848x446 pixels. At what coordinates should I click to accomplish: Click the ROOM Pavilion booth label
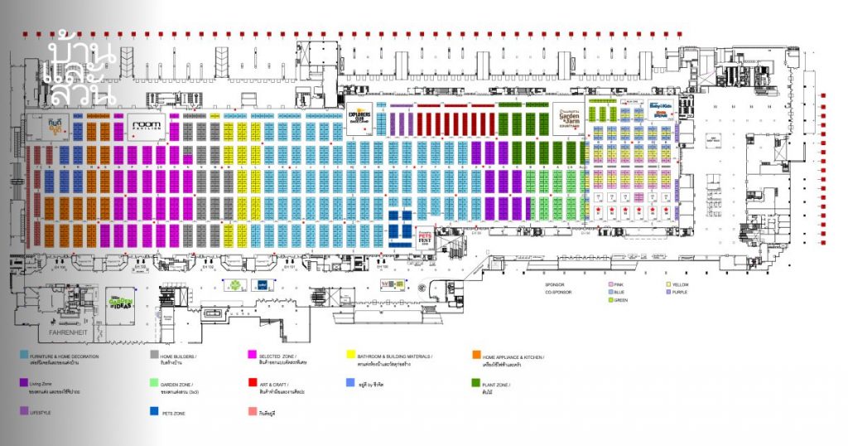click(148, 126)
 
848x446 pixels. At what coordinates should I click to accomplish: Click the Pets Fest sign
click(423, 237)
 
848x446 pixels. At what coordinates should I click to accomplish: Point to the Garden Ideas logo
click(122, 302)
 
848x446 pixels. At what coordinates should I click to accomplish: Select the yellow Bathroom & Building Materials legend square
click(351, 355)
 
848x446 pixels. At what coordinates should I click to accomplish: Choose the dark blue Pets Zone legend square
click(154, 410)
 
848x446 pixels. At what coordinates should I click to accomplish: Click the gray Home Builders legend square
click(154, 355)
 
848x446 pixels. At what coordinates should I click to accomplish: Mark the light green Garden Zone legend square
click(154, 384)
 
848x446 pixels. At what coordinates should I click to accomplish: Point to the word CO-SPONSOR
click(558, 293)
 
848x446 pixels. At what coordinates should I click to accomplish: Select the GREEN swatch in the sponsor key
click(610, 300)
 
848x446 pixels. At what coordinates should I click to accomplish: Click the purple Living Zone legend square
click(24, 384)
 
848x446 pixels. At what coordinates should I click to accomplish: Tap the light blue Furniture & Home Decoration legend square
click(24, 355)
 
